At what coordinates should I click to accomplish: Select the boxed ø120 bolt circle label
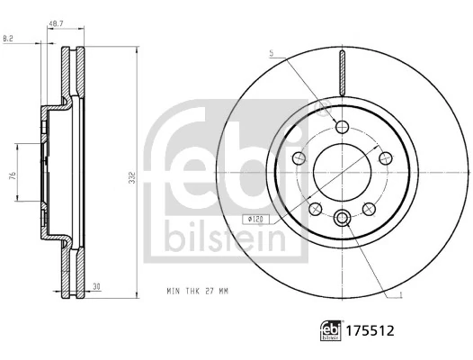tap(255, 219)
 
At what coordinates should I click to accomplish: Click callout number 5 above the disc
tap(270, 54)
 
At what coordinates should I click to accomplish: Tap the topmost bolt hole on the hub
tap(342, 126)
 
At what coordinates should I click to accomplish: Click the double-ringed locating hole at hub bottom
tap(342, 219)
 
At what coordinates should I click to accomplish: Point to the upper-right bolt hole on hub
tap(384, 158)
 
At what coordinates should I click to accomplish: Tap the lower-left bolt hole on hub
tap(315, 209)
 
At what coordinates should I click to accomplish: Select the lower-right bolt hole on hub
tap(368, 209)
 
